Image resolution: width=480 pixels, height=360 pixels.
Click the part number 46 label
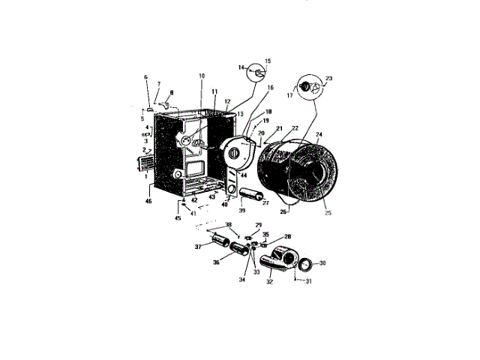click(x=148, y=202)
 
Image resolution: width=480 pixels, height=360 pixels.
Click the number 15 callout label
click(x=268, y=61)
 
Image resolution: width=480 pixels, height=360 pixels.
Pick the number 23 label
click(x=328, y=77)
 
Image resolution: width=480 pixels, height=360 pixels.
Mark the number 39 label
click(x=241, y=211)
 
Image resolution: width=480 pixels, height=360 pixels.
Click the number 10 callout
click(x=201, y=76)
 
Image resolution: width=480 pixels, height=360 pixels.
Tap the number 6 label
click(x=146, y=78)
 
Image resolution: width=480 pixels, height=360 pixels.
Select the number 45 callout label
click(x=178, y=218)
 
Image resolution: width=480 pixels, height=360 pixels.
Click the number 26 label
click(x=283, y=212)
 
